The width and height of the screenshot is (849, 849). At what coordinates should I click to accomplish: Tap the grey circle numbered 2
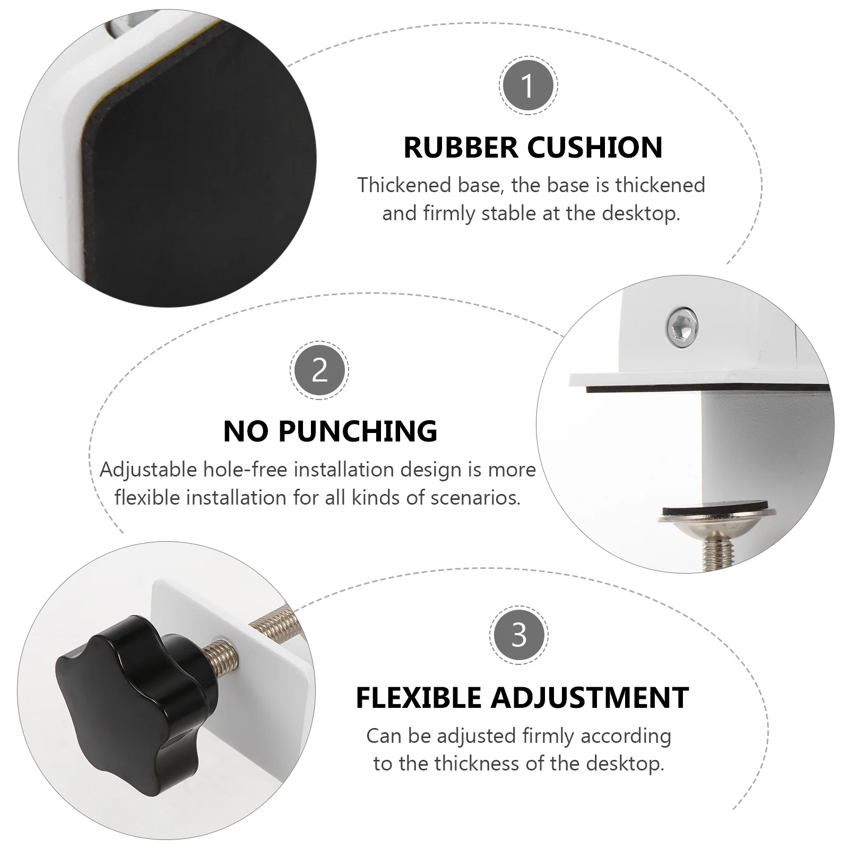coord(319,370)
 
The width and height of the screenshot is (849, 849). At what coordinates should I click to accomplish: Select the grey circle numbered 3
coord(518,635)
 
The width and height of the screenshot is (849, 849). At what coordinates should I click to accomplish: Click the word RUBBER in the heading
coord(461,148)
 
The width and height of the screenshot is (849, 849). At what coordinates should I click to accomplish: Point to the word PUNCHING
coord(358,431)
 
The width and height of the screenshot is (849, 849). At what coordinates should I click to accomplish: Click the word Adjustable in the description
coord(141,470)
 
